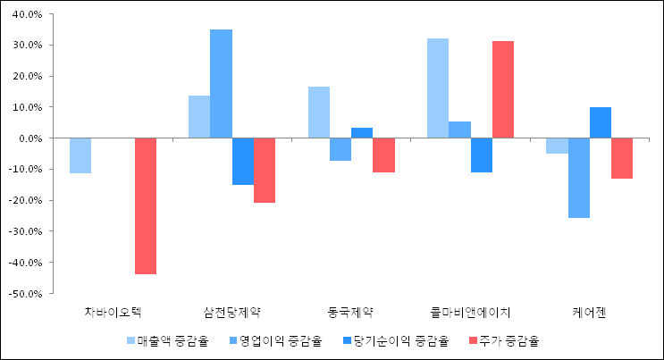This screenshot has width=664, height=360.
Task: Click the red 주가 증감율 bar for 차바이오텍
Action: point(146,205)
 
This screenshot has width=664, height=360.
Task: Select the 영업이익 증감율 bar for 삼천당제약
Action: point(221,84)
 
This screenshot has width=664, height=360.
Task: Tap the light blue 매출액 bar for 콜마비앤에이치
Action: point(437,88)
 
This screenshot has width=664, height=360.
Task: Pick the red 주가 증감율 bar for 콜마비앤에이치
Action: point(502,89)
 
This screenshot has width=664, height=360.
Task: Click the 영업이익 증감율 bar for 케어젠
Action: point(578,178)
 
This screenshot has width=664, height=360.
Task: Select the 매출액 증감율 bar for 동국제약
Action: point(319,113)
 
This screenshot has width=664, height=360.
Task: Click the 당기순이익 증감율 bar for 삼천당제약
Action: point(242,161)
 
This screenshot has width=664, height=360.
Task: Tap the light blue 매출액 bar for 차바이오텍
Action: point(80,155)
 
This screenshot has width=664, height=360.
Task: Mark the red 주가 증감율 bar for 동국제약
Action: point(383,155)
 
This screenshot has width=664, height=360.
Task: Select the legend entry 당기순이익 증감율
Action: point(393,340)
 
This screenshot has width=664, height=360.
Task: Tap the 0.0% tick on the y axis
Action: point(32,138)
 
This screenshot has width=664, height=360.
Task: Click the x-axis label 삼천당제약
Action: point(232,313)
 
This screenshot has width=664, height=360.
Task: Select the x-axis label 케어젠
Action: point(589,313)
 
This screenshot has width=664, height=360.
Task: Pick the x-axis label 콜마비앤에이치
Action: point(470,313)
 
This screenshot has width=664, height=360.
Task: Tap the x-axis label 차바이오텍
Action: point(113,313)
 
